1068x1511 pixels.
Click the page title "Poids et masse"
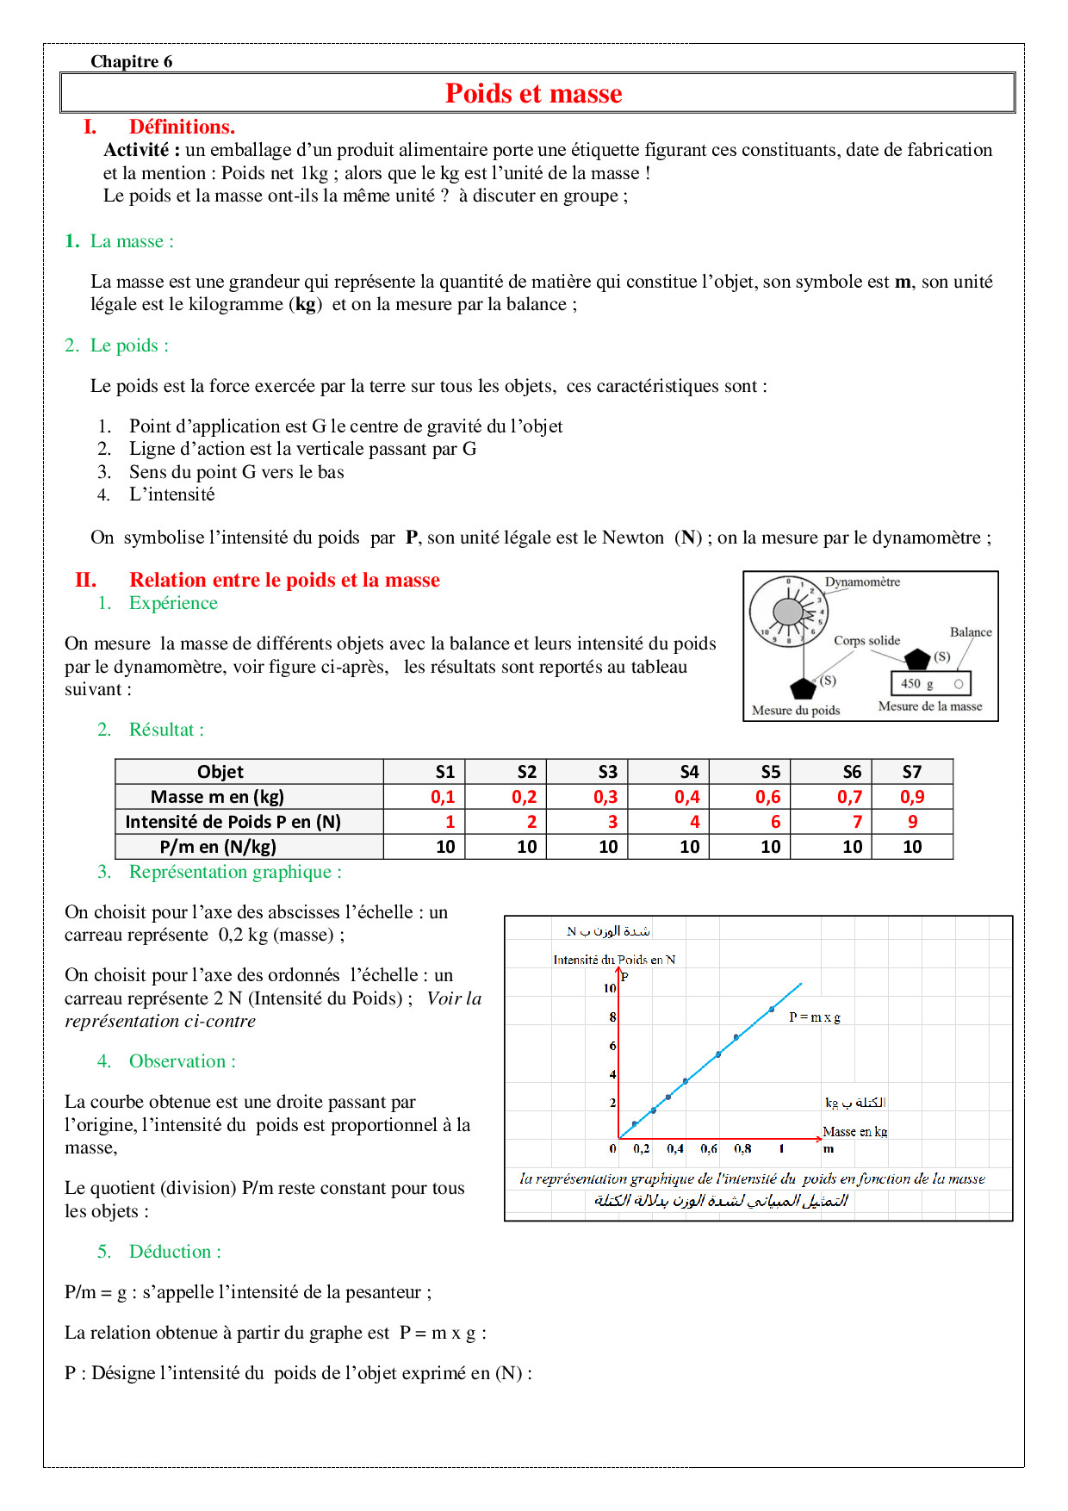point(533,93)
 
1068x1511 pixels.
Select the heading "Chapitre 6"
point(131,61)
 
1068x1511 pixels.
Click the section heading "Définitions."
point(182,127)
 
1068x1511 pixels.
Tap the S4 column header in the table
point(689,772)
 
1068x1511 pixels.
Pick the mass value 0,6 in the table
point(768,797)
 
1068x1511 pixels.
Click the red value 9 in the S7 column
point(912,822)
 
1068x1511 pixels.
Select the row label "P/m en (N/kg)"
point(218,847)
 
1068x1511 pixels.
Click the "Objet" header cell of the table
point(220,772)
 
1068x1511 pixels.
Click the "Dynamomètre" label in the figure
point(862,582)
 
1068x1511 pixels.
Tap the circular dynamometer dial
point(788,612)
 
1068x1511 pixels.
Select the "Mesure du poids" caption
point(796,711)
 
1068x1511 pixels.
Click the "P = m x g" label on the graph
point(814,1017)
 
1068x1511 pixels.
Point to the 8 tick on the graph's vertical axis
point(612,1017)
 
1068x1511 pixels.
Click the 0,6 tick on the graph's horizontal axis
point(709,1148)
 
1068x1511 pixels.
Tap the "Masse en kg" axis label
point(854,1132)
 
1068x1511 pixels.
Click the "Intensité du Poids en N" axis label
point(614,960)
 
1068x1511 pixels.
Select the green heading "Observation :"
point(183,1061)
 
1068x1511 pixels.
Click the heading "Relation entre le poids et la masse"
point(284,580)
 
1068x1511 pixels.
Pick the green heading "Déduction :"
point(175,1252)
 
